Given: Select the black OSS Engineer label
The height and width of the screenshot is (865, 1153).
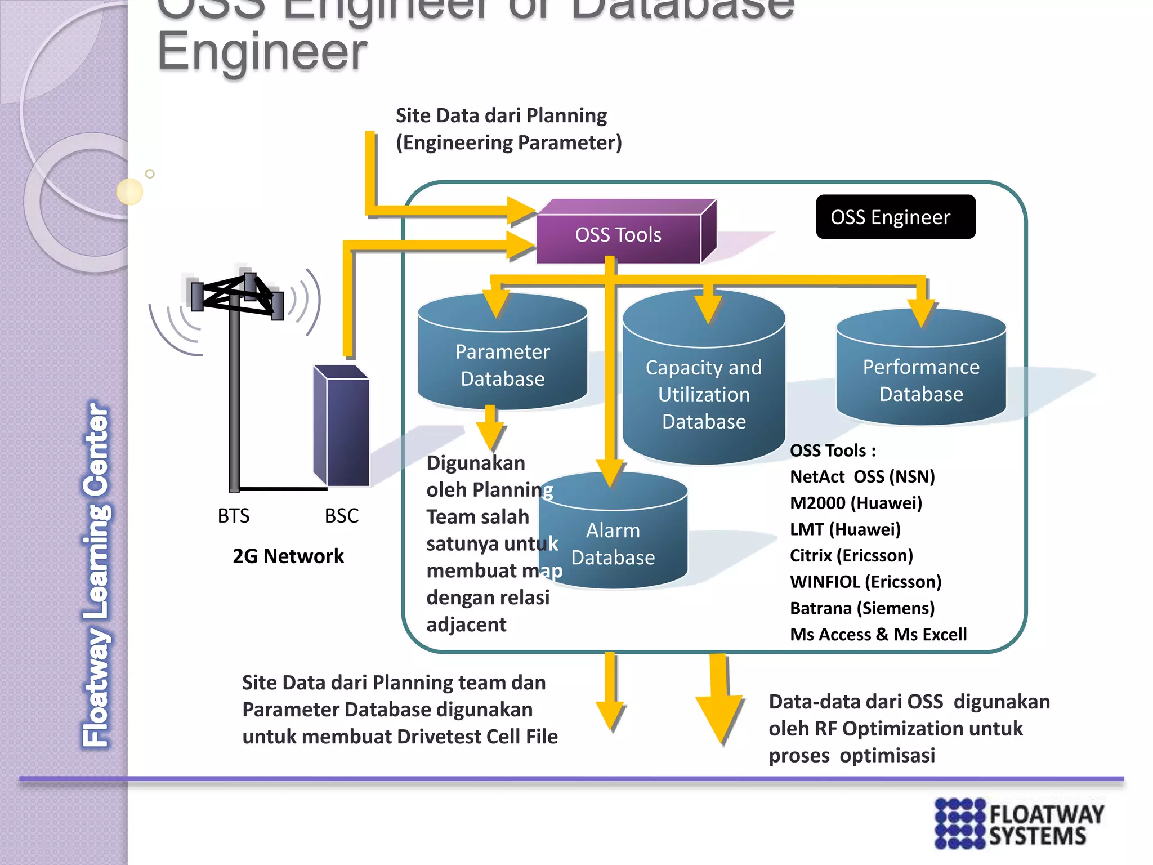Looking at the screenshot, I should pyautogui.click(x=895, y=217).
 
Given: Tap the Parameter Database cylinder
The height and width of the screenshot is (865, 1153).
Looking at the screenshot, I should pyautogui.click(x=502, y=365).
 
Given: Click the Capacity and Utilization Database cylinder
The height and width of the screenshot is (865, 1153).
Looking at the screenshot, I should pyautogui.click(x=704, y=394).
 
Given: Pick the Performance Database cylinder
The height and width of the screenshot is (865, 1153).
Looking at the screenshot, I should pyautogui.click(x=921, y=380).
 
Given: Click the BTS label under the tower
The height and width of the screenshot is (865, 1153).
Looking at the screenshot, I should pyautogui.click(x=234, y=516).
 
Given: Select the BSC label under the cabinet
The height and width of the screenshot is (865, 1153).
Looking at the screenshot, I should pyautogui.click(x=341, y=516).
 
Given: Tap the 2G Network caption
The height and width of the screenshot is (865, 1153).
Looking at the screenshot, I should pyautogui.click(x=288, y=556).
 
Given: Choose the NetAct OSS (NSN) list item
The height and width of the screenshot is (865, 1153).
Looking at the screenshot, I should pyautogui.click(x=862, y=477).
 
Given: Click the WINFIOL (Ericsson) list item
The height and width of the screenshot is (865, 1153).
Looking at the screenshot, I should pyautogui.click(x=865, y=582).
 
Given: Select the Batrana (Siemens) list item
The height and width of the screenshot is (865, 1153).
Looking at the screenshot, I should pyautogui.click(x=862, y=608).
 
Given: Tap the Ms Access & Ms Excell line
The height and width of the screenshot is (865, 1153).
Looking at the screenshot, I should pyautogui.click(x=878, y=635).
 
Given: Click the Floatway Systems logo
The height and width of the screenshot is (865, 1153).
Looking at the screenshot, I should pyautogui.click(x=1019, y=823).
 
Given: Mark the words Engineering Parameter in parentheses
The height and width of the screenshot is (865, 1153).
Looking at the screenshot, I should pyautogui.click(x=509, y=143).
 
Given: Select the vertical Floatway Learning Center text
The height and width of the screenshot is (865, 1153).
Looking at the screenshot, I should pyautogui.click(x=97, y=574).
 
